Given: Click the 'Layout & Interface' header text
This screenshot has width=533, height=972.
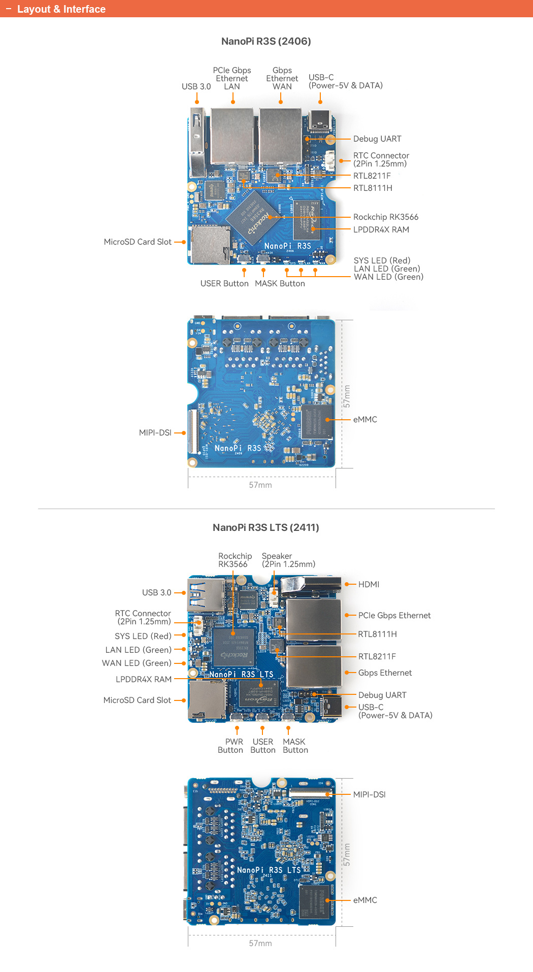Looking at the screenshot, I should click(61, 9).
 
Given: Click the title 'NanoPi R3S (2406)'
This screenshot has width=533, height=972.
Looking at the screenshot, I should click(266, 41).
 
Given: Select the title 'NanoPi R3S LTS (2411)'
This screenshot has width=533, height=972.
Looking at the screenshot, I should click(266, 527).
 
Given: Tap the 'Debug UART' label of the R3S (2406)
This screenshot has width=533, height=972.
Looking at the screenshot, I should click(377, 139).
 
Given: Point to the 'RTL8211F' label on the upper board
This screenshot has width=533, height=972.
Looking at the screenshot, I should click(372, 176).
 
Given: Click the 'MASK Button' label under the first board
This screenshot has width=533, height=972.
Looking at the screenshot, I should click(280, 283).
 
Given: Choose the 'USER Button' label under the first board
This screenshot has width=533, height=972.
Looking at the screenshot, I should click(224, 283).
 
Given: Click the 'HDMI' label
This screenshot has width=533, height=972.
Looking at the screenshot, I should click(369, 584).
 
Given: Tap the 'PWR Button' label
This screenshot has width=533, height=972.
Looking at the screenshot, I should click(230, 746).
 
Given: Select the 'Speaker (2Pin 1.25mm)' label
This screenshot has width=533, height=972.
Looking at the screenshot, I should click(288, 560).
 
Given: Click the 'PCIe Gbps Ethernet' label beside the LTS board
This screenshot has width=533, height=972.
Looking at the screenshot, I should click(394, 615).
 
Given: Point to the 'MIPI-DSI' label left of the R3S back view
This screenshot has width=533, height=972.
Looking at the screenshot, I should click(155, 432).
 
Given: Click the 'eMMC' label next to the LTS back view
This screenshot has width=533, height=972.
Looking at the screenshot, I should click(365, 900).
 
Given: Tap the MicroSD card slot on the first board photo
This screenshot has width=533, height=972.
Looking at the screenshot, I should click(208, 245).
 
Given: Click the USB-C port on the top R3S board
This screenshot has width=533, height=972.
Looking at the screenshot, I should click(320, 121).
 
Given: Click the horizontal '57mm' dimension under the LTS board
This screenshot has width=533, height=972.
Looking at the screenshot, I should click(260, 943).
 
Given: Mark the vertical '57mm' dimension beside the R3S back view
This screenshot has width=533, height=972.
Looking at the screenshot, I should click(347, 396).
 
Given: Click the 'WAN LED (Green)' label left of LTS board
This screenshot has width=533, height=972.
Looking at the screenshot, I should click(137, 663).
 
